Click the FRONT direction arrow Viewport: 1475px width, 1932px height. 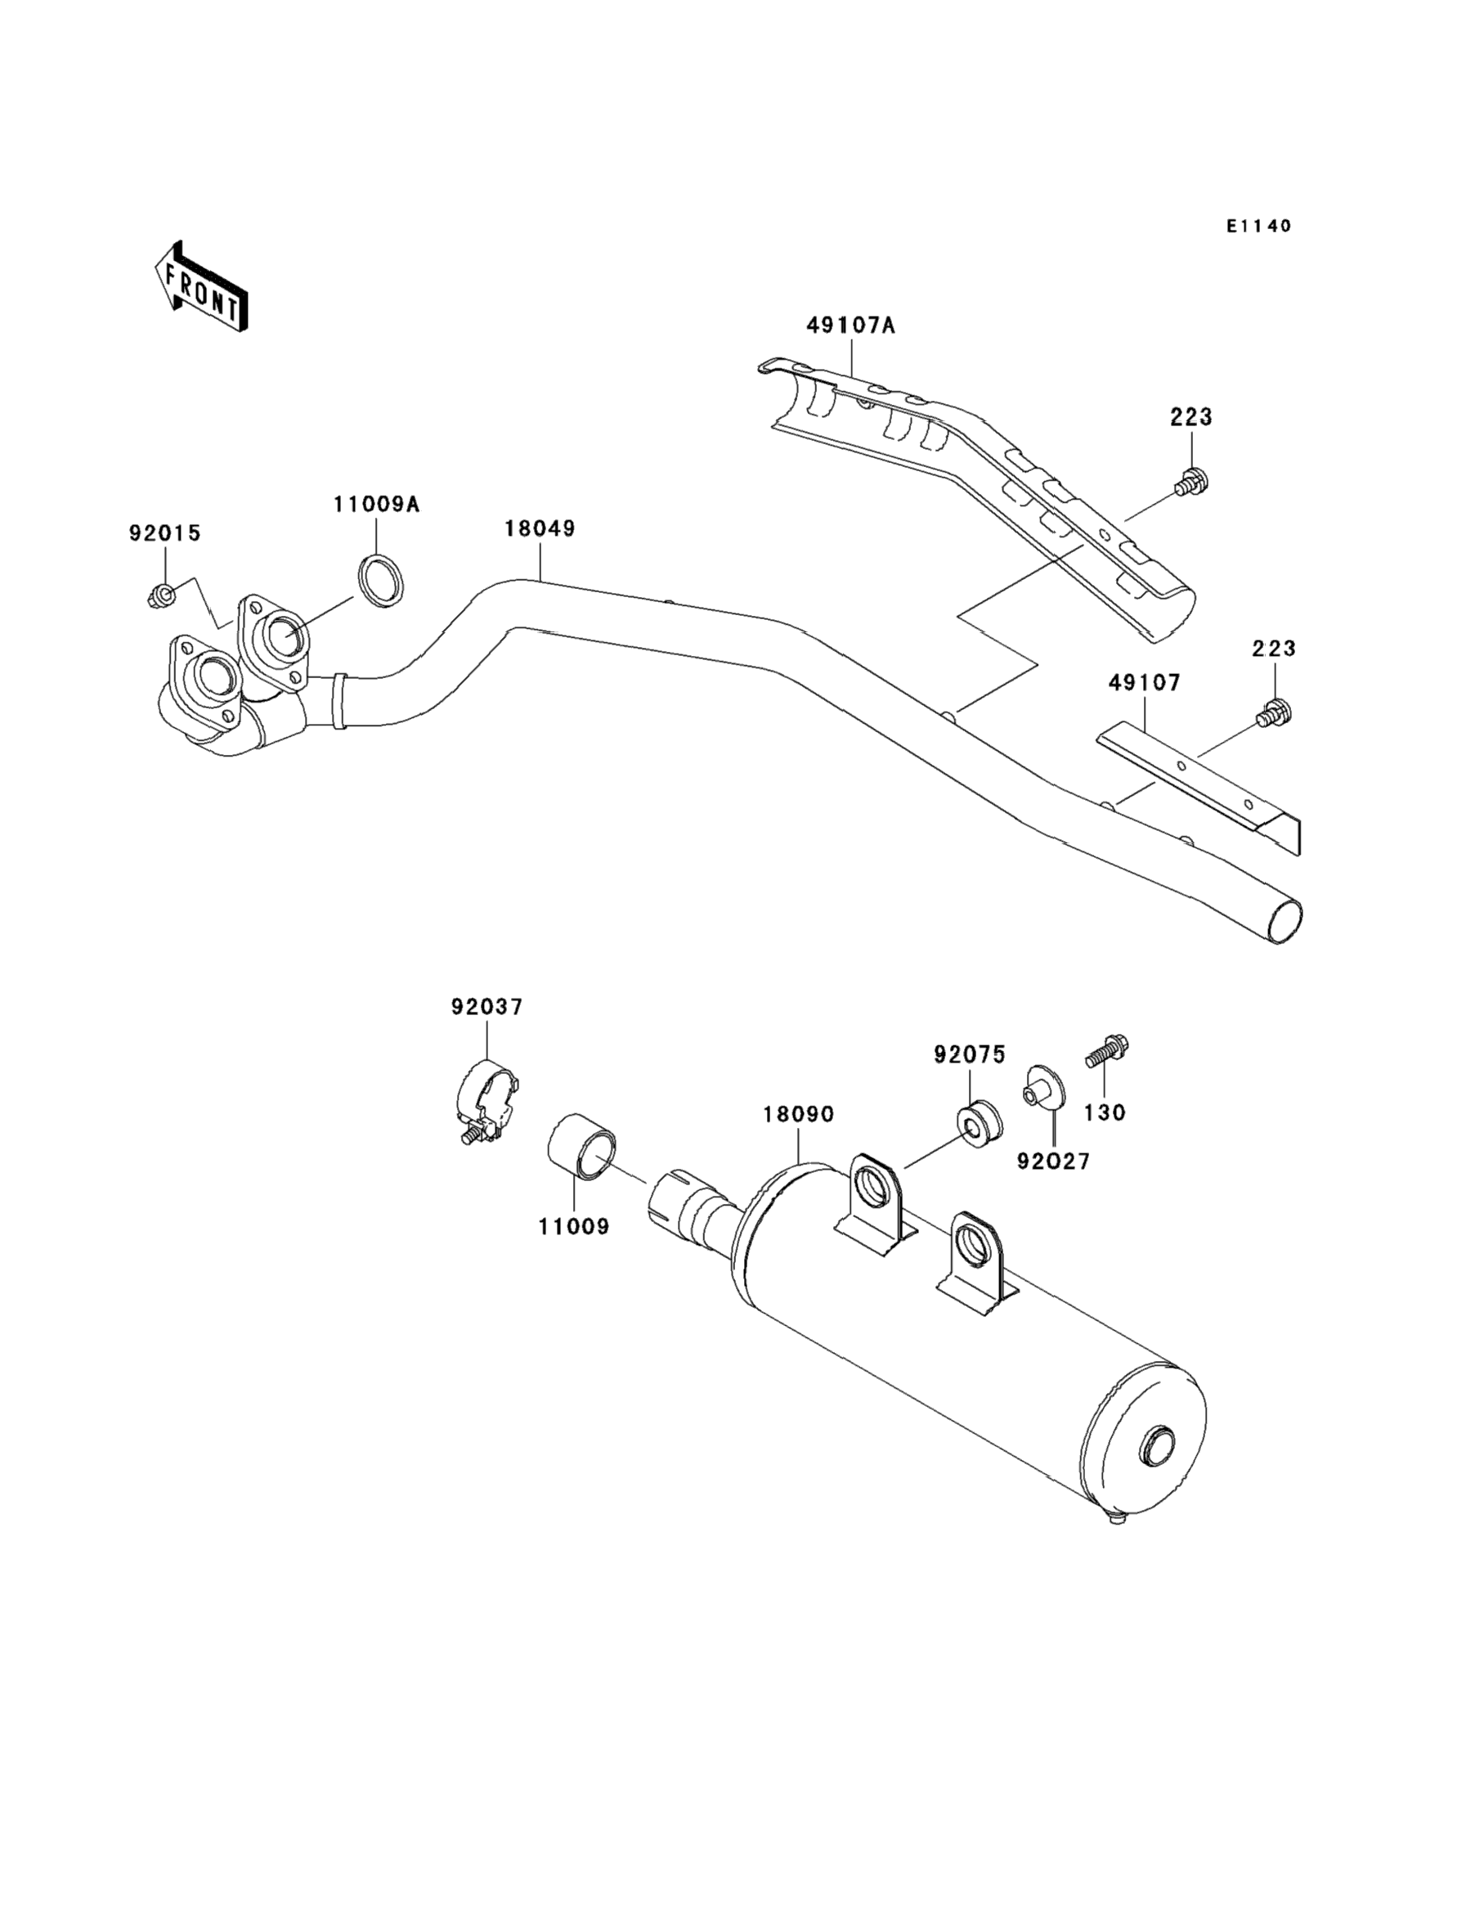(200, 286)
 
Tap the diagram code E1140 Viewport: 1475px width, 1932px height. (1259, 227)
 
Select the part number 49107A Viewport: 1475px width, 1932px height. (851, 326)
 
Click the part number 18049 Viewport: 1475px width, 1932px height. (540, 528)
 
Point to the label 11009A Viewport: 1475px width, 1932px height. (377, 504)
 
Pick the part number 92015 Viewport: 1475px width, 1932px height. (165, 533)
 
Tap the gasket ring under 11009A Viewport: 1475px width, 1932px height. (383, 581)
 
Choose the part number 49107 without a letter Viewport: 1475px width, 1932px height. (1145, 682)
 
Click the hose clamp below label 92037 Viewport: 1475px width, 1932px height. (488, 1102)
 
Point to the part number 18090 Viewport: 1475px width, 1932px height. (798, 1114)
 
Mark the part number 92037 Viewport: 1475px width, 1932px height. (487, 1007)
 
